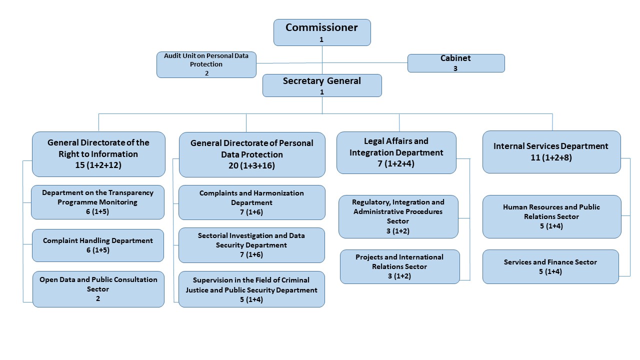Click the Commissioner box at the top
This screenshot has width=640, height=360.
pyautogui.click(x=322, y=32)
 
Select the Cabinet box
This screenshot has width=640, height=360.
pyautogui.click(x=456, y=63)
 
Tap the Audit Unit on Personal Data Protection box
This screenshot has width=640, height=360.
pyautogui.click(x=206, y=64)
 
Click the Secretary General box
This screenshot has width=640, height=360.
pyautogui.click(x=322, y=85)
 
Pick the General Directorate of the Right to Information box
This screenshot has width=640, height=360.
pyautogui.click(x=98, y=154)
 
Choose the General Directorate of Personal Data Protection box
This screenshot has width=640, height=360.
pyautogui.click(x=252, y=154)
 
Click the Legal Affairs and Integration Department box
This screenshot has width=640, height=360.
pyautogui.click(x=396, y=152)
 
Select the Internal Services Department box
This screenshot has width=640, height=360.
pyautogui.click(x=551, y=152)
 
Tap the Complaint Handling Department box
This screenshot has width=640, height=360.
pyautogui.click(x=98, y=245)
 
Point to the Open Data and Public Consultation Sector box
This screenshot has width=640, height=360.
pyautogui.click(x=98, y=289)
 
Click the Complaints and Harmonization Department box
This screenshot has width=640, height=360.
pyautogui.click(x=251, y=202)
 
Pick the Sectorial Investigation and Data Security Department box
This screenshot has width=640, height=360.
pyautogui.click(x=251, y=245)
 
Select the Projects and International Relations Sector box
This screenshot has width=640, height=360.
pyautogui.click(x=399, y=266)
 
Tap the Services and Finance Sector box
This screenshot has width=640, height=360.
pyautogui.click(x=550, y=266)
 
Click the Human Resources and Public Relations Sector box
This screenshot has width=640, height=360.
pyautogui.click(x=551, y=216)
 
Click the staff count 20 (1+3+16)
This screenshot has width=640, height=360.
pyautogui.click(x=252, y=166)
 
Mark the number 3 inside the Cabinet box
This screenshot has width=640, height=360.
pyautogui.click(x=455, y=68)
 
